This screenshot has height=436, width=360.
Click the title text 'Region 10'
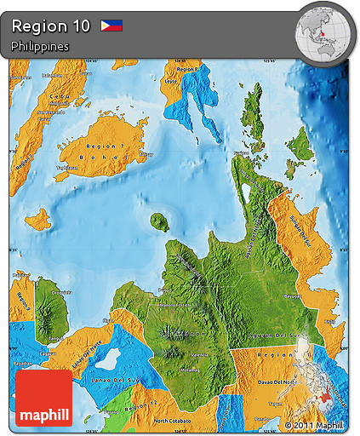51,26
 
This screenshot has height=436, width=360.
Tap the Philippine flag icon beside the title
111,26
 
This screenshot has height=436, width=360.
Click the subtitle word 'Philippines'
40,46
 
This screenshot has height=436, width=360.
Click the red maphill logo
43,398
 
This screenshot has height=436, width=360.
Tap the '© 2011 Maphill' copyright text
314,424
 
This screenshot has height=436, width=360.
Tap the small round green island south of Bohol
158,222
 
